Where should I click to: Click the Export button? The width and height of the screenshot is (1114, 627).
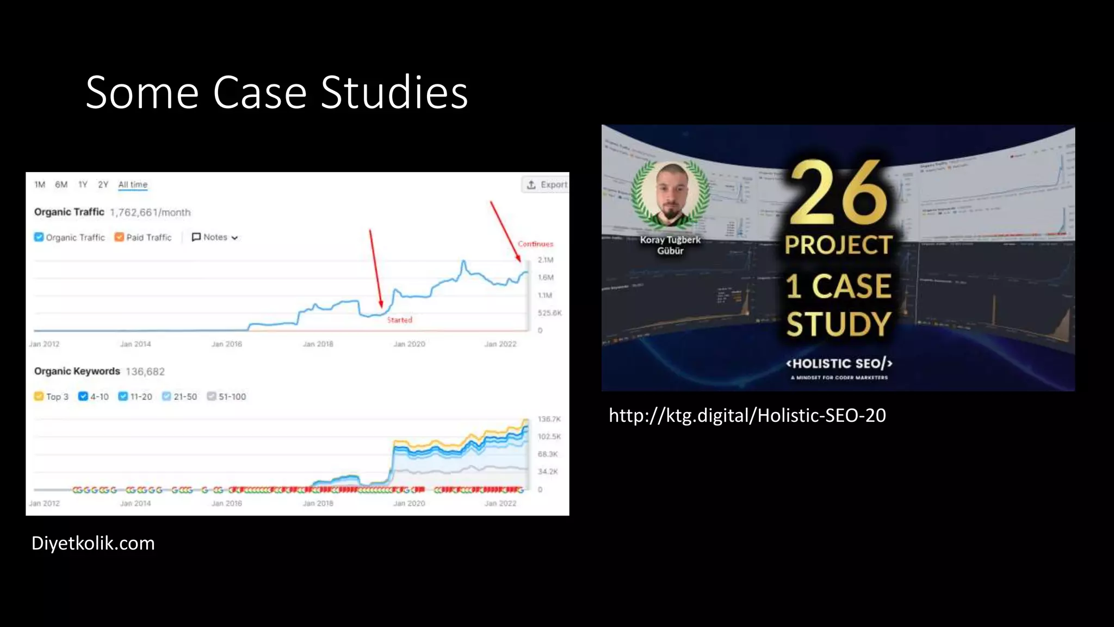tap(546, 185)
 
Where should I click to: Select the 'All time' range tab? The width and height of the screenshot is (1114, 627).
tap(133, 185)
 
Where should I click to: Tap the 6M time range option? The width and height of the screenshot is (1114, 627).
tap(61, 185)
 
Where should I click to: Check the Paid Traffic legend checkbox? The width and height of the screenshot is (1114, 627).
tap(119, 237)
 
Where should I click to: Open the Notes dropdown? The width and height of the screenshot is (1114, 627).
tap(215, 237)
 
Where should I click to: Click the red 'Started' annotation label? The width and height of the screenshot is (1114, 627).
tap(400, 320)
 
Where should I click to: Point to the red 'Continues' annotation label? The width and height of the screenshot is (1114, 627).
tap(535, 244)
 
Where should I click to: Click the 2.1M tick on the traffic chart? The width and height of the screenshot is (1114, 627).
tap(545, 260)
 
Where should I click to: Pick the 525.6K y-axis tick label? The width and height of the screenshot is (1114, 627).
tap(549, 313)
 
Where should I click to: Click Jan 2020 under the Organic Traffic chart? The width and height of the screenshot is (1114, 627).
tap(409, 344)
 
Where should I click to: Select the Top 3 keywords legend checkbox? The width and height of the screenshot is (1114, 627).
tap(39, 396)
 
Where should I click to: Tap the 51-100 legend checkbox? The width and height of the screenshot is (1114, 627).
tap(212, 396)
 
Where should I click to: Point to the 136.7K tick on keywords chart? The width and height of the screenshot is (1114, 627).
tap(549, 419)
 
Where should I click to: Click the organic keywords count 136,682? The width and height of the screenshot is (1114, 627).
tap(145, 372)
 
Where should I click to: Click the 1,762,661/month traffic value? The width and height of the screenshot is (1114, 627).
tap(150, 212)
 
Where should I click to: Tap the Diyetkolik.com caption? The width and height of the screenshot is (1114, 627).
tap(93, 543)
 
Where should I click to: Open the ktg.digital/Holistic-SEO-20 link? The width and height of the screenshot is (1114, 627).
tap(747, 416)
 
